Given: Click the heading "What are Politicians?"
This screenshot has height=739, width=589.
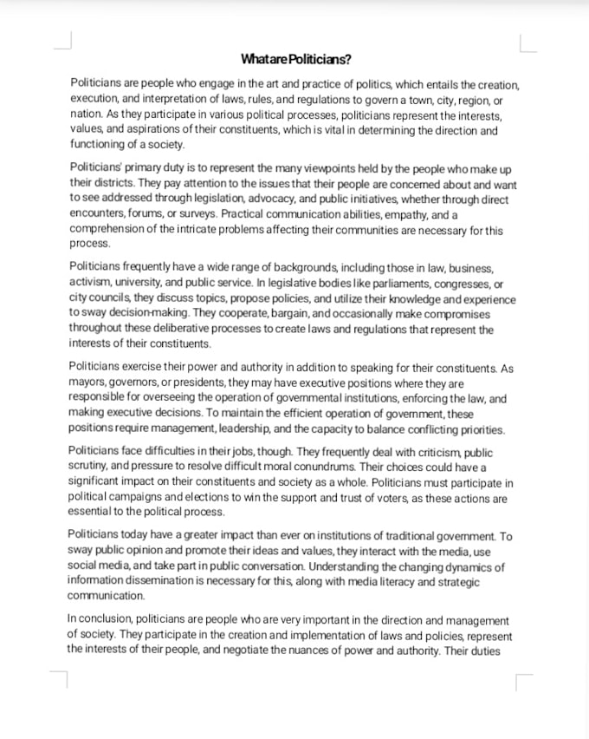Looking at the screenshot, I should (296, 59).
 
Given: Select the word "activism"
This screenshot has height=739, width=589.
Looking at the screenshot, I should (91, 284).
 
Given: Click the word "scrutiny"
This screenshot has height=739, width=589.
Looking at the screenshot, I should (88, 467).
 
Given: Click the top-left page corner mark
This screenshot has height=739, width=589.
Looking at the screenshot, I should (62, 42).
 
